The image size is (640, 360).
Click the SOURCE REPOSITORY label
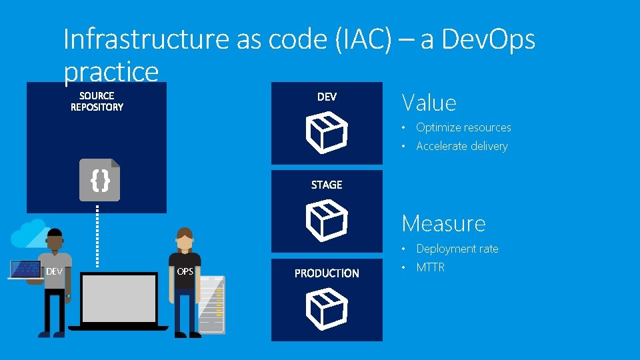pos(97,101)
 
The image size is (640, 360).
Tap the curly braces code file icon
pos(99,180)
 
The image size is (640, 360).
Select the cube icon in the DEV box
pos(327,132)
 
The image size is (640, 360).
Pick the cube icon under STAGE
pos(327,221)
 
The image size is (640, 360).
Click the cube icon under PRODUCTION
pos(327,309)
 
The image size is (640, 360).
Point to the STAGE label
pos(327,185)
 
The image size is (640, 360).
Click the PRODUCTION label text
pos(327,273)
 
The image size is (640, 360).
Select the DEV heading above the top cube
pos(327,97)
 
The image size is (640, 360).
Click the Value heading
pos(429,103)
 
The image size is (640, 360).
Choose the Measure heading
pos(443,223)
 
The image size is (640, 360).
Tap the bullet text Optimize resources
pos(463,127)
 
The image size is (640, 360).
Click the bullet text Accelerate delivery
pos(461,146)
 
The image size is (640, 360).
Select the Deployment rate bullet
pos(457,249)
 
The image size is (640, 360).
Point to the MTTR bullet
pos(430,267)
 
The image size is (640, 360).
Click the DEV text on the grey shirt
pos(54,271)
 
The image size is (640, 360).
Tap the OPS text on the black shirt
pos(185,271)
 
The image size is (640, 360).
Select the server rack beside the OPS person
pos(212,304)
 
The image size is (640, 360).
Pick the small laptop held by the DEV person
pos(25,269)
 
